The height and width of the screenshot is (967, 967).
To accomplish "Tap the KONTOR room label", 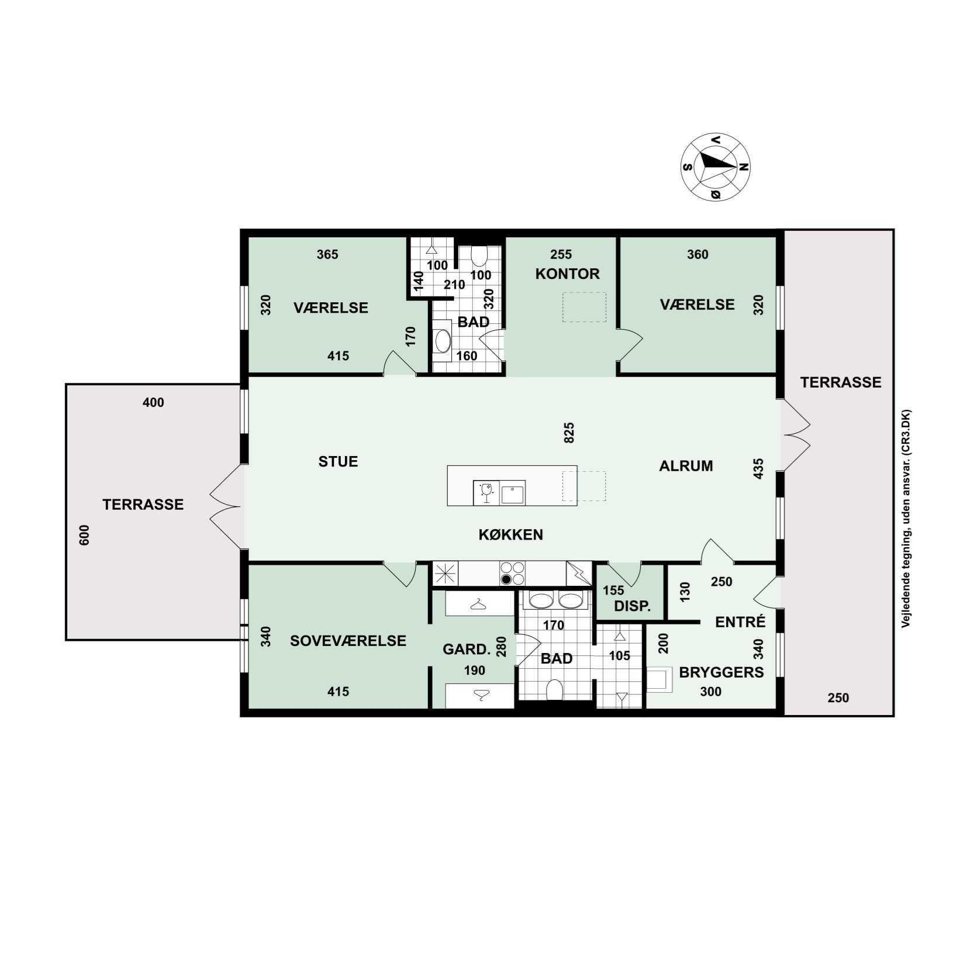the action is tap(567, 274).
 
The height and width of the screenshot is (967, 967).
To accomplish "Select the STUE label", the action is tap(338, 461).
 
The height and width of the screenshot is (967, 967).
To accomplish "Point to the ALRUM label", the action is tap(686, 466).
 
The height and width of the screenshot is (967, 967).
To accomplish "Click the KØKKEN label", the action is tap(511, 534).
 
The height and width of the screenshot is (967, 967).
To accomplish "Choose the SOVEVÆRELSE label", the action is tap(348, 641).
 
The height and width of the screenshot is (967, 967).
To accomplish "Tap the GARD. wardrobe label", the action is tap(466, 650).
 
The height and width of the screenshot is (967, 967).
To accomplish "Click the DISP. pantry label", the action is tap(633, 606).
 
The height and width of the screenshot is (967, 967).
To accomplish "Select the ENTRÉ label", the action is tap(740, 621).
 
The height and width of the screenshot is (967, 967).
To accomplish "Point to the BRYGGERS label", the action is tap(721, 672).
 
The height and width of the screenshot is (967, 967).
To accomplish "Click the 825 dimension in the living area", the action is tap(570, 433).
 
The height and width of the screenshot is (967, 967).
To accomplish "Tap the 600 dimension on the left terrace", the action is tap(84, 535).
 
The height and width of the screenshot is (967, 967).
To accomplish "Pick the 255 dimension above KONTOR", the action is tap(561, 254).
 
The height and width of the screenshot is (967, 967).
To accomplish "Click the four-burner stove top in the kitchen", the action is tap(512, 573).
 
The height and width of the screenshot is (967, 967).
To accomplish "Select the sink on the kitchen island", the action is tap(513, 493).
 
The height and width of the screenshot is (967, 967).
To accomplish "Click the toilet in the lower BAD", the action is tap(553, 690).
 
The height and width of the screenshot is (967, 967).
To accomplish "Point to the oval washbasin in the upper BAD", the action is tap(442, 340).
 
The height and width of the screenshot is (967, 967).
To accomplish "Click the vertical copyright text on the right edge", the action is tap(905, 519).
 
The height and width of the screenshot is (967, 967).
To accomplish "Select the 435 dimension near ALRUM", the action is tap(758, 469).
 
